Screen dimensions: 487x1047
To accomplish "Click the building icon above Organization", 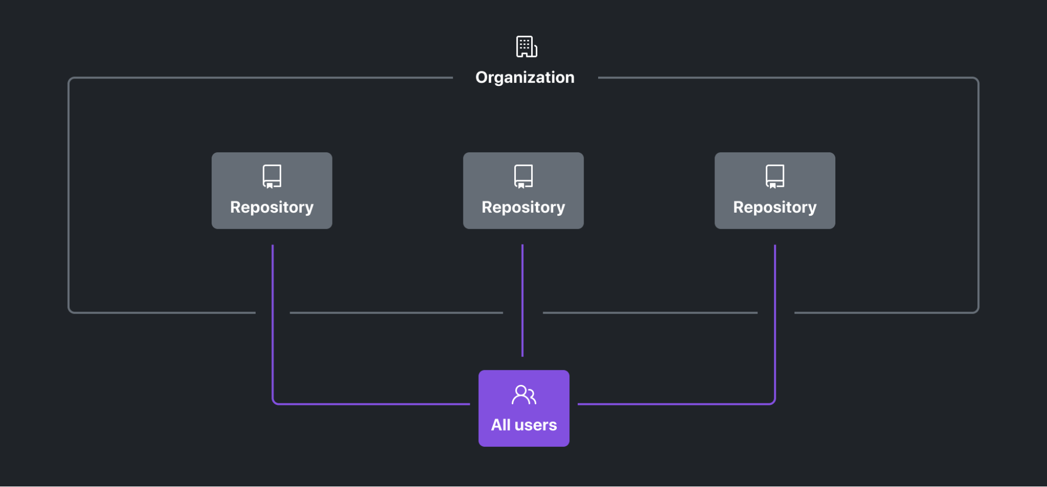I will tap(526, 47).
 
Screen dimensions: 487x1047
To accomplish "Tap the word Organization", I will tap(525, 78).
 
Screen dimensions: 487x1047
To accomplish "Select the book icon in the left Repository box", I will tap(272, 176).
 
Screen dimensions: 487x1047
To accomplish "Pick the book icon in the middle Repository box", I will tap(523, 176).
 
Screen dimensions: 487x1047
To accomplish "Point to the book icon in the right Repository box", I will tap(775, 176).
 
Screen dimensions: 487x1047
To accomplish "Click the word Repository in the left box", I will tap(272, 207).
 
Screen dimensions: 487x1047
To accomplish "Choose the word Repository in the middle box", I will tap(523, 207).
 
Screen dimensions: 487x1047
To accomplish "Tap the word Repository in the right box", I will tap(775, 207).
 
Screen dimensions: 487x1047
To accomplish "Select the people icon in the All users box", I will tap(524, 395).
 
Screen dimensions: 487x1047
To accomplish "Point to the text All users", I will tap(524, 425).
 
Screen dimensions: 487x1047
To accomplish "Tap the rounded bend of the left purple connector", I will tap(274, 402).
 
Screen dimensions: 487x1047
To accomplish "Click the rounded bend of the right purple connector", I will tap(773, 402).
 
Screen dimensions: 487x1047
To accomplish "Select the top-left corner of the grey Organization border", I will tap(70, 80).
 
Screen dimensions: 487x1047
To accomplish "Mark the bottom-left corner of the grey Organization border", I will tap(70, 311).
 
